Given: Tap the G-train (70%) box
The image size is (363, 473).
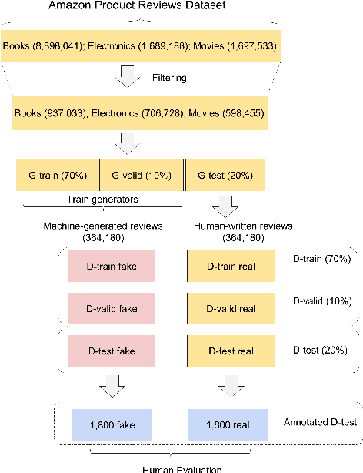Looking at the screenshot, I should click(58, 175).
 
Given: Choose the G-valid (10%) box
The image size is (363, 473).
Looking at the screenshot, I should click(142, 175).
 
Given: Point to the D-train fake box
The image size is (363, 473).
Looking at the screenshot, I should click(112, 266).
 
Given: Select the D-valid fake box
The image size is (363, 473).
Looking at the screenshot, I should click(112, 308).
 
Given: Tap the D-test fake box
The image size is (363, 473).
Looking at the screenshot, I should click(112, 351).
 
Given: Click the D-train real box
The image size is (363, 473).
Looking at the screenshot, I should click(231, 266).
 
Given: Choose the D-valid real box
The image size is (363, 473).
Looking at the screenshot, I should click(231, 308).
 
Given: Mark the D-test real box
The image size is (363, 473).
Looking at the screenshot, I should click(231, 351).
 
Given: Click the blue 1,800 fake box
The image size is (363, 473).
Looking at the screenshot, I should click(112, 424).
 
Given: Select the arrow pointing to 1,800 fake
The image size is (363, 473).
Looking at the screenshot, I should click(112, 386).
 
